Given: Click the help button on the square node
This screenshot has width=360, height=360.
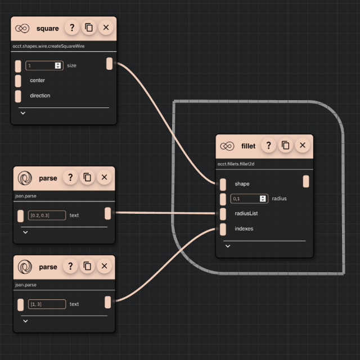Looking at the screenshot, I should coord(71,28).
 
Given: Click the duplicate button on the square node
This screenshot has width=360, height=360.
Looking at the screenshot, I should coord(88,28).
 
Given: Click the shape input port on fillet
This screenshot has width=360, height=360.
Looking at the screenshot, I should coord(223,184).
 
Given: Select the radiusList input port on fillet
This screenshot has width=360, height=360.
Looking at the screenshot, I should coord(223,214).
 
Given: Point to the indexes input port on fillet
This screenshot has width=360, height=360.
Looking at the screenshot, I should coord(223,229).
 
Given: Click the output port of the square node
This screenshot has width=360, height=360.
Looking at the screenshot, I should coord(109,64).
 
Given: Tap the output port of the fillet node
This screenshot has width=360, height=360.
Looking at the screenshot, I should coord(306,181).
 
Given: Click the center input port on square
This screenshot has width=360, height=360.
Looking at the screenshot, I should coord(18,80).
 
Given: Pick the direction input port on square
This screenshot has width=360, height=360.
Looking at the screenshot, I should coord(18,96).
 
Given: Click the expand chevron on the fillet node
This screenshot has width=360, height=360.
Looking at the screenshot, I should coord(227,246).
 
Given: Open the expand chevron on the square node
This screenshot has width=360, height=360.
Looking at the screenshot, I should coord(23,112).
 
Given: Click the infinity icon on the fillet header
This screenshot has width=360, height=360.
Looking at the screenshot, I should coord(227,146).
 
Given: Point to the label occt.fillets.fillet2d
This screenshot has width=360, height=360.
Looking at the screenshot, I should coord(236,164).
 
